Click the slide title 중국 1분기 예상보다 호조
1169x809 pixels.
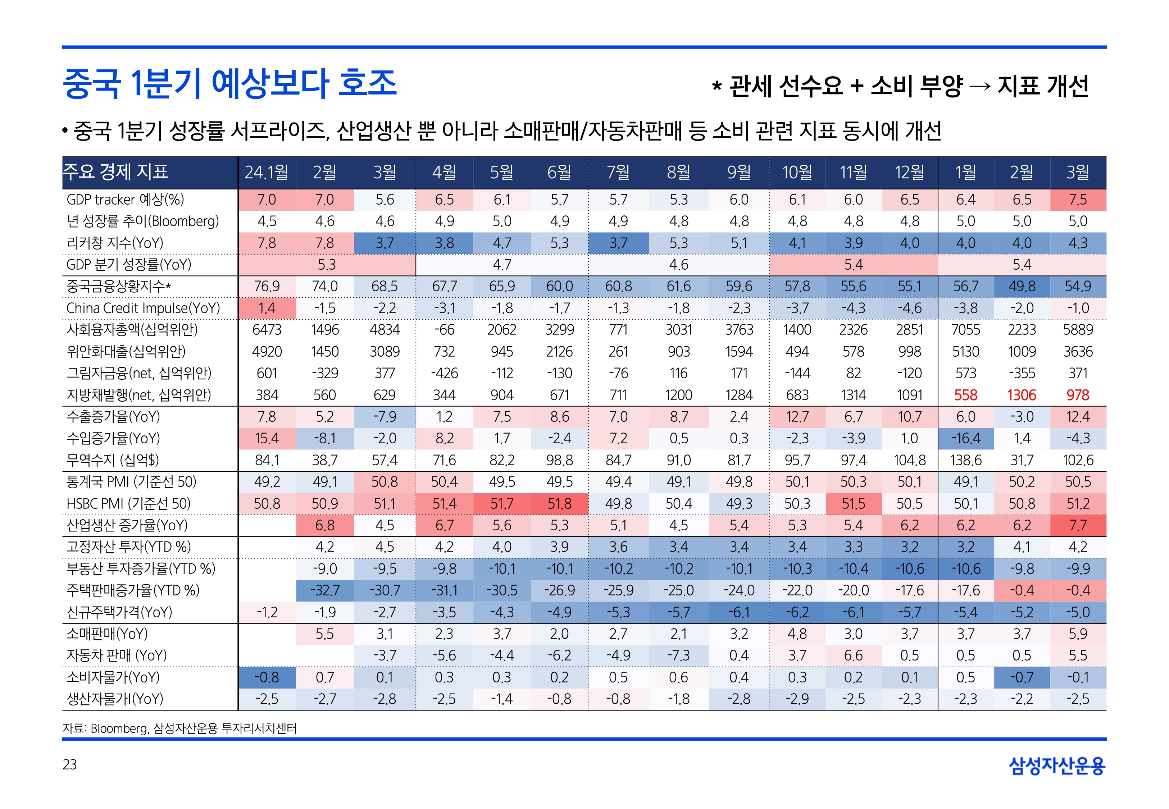pyautogui.click(x=229, y=84)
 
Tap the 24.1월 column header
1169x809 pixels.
pyautogui.click(x=267, y=172)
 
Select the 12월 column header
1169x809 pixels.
pyautogui.click(x=909, y=172)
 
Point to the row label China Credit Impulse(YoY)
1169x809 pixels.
pyautogui.click(x=143, y=308)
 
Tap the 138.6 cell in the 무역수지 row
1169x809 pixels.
pyautogui.click(x=966, y=460)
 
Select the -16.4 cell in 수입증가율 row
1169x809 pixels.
pyautogui.click(x=966, y=438)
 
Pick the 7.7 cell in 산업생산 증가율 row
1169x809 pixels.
pyautogui.click(x=1078, y=526)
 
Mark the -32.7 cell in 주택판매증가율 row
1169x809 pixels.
pyautogui.click(x=324, y=590)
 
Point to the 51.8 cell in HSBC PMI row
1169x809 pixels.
pyautogui.click(x=559, y=504)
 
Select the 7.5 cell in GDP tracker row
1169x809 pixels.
pyautogui.click(x=1078, y=200)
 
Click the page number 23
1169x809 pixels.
pyautogui.click(x=70, y=764)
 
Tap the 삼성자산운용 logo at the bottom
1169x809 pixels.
pyautogui.click(x=1057, y=765)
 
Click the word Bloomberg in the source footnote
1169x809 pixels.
pyautogui.click(x=119, y=728)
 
